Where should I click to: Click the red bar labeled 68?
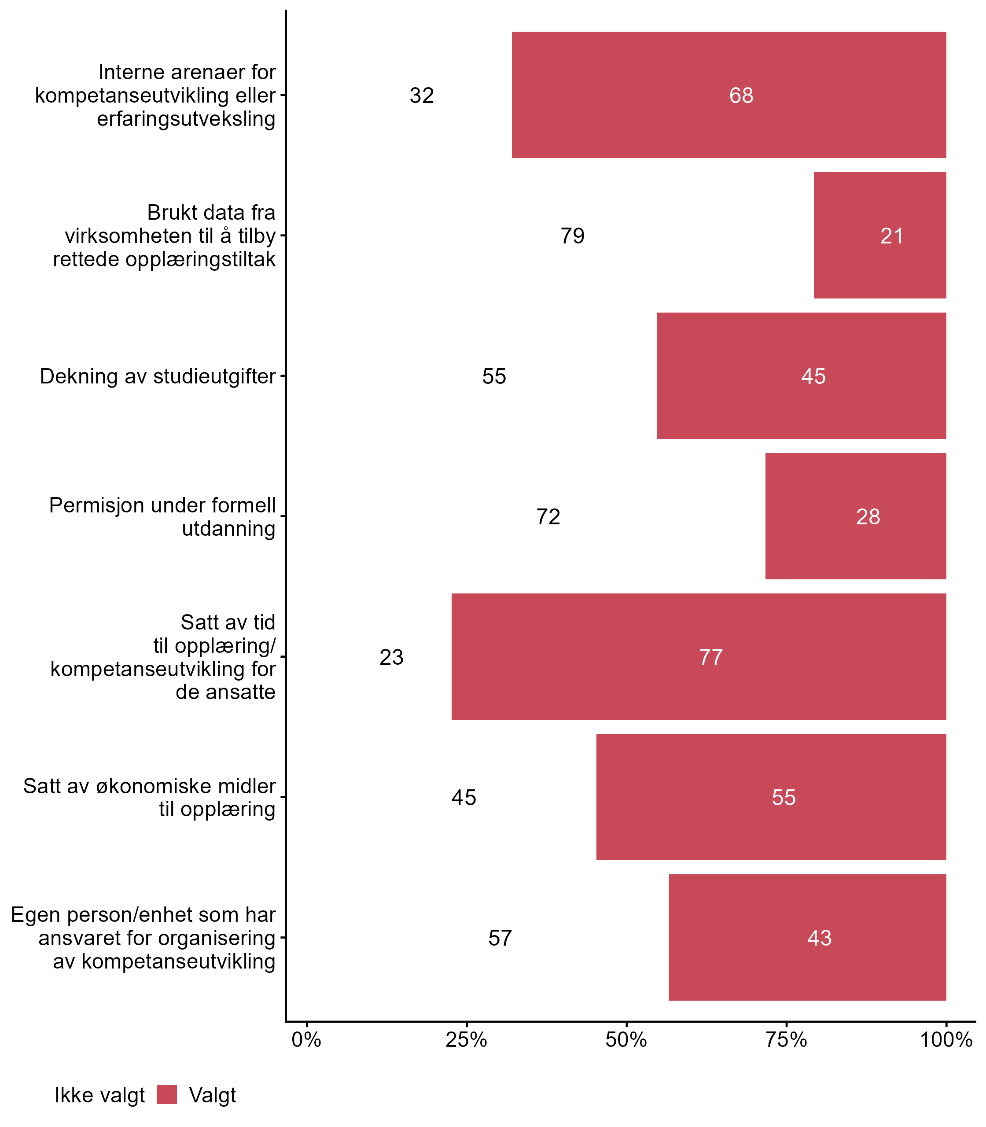point(728,95)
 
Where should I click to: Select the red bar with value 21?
point(879,236)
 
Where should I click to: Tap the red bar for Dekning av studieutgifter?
point(801,376)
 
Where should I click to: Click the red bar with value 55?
point(771,797)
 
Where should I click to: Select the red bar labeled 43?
point(807,938)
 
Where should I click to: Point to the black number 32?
point(422,96)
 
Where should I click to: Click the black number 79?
point(572,236)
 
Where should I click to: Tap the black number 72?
point(548,517)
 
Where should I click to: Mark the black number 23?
point(391,657)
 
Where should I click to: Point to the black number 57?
point(500,938)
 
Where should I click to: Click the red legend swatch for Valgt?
point(167,1094)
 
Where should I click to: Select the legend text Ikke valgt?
point(99,1096)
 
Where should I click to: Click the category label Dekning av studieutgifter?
point(158,376)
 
